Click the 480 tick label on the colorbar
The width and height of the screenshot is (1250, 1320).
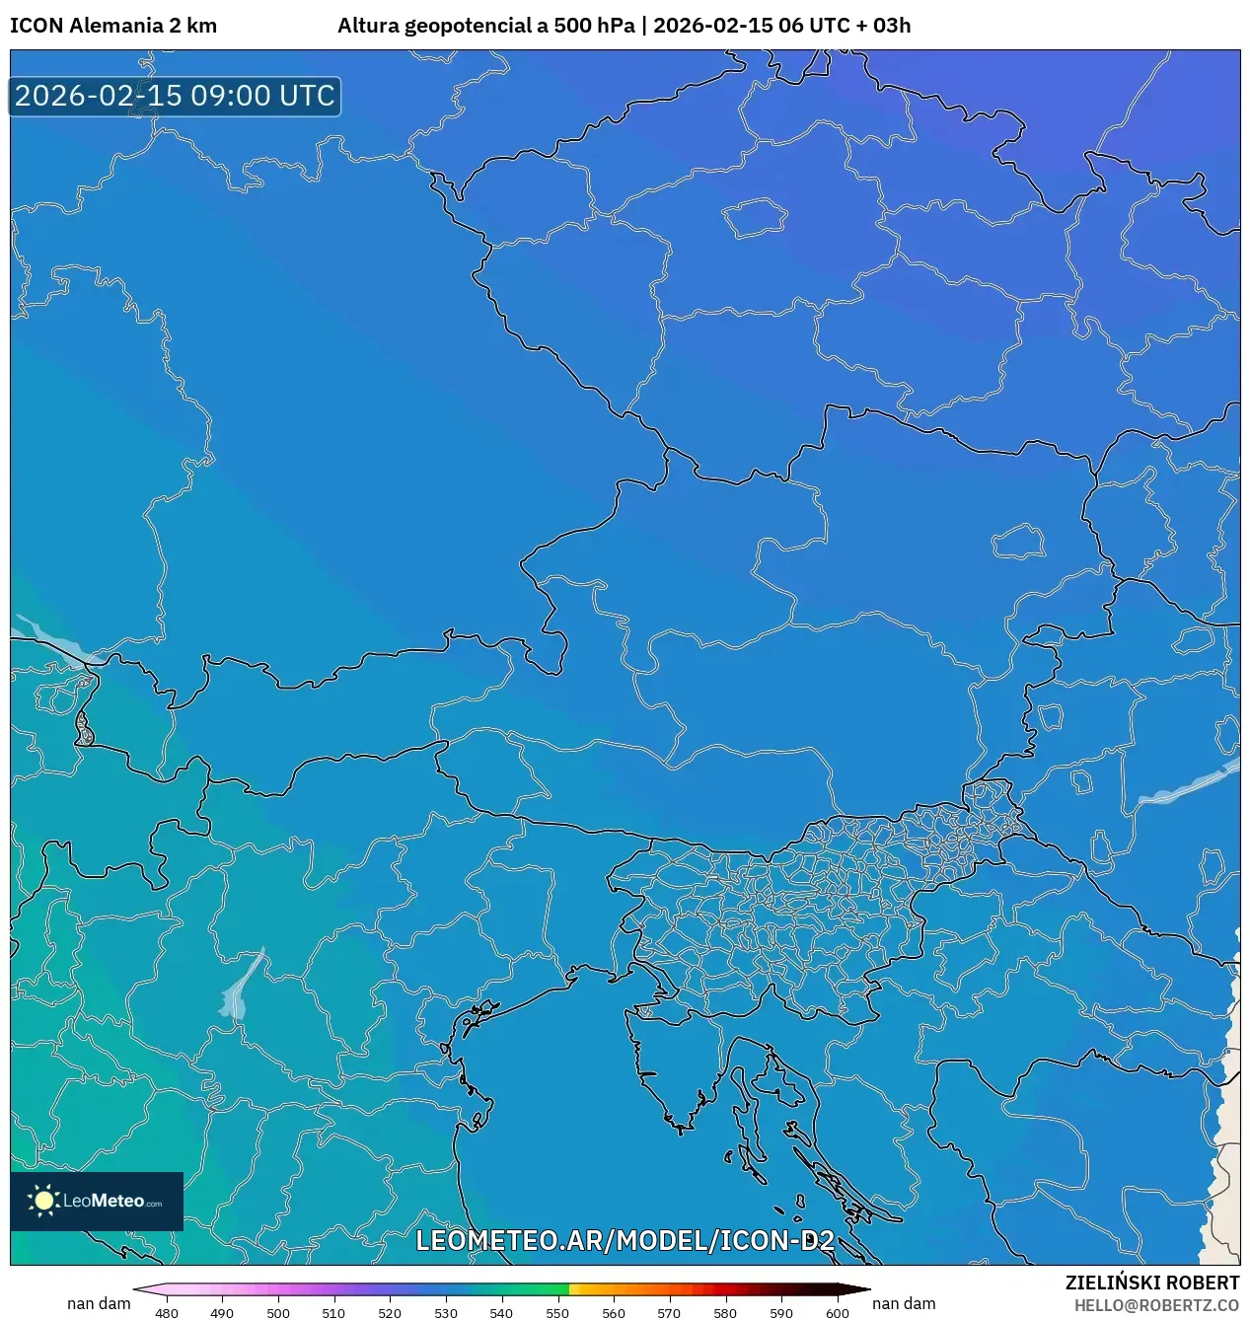pyautogui.click(x=167, y=1313)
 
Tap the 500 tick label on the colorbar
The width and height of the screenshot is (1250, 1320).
pyautogui.click(x=278, y=1313)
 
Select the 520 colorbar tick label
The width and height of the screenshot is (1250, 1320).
pyautogui.click(x=390, y=1313)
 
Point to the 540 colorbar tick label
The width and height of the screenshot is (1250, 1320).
pyautogui.click(x=501, y=1313)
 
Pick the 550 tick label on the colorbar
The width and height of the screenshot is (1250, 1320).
pyautogui.click(x=557, y=1313)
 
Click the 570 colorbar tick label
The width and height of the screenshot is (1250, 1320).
pyautogui.click(x=669, y=1313)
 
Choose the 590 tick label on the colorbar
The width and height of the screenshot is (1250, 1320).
pyautogui.click(x=781, y=1313)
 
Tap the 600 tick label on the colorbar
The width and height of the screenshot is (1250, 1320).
pyautogui.click(x=838, y=1313)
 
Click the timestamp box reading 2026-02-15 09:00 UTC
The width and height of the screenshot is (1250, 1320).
pyautogui.click(x=175, y=96)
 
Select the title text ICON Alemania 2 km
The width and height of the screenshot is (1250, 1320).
pyautogui.click(x=113, y=26)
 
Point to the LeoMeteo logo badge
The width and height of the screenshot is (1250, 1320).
pyautogui.click(x=97, y=1201)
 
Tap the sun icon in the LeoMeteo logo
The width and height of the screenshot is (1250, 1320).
pyautogui.click(x=43, y=1200)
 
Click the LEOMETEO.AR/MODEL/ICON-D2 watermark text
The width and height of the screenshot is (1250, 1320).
pyautogui.click(x=625, y=1240)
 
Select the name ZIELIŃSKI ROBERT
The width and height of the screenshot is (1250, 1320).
pyautogui.click(x=1151, y=1283)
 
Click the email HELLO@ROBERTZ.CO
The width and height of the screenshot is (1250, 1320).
pyautogui.click(x=1156, y=1305)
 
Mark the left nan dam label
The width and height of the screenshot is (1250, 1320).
pyautogui.click(x=99, y=1303)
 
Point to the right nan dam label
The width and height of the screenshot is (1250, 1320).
pyautogui.click(x=904, y=1303)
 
